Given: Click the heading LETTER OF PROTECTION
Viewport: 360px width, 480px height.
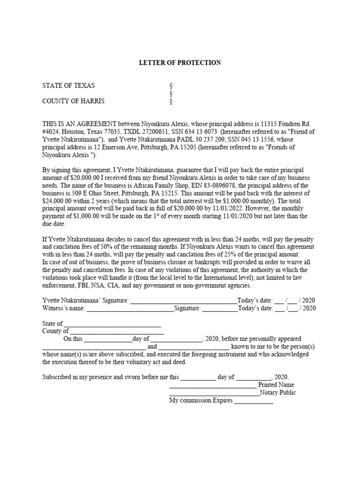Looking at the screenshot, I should click(180, 62).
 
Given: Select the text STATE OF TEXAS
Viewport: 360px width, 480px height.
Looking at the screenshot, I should click(68, 85).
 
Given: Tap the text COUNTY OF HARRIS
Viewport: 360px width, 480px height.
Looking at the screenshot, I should click(74, 101).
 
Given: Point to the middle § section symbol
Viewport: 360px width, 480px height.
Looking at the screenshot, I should click(171, 93).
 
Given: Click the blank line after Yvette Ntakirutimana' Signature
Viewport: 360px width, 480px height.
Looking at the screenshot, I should click(183, 301).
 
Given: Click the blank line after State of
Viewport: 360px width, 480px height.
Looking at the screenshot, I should click(112, 324).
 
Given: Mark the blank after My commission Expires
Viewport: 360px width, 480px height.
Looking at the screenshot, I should click(253, 402).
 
